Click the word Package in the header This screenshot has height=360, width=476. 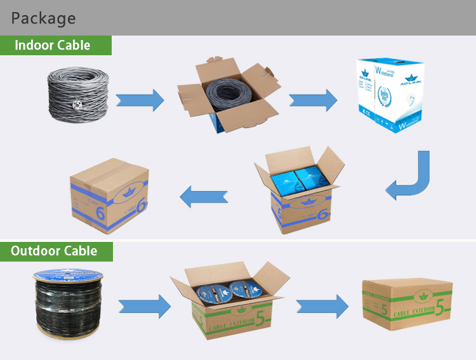point(43,18)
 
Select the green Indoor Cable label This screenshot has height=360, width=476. point(55,46)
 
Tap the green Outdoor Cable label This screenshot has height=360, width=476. point(56,251)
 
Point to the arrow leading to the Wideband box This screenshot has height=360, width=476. point(313,99)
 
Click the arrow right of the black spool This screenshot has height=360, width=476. point(145,306)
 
